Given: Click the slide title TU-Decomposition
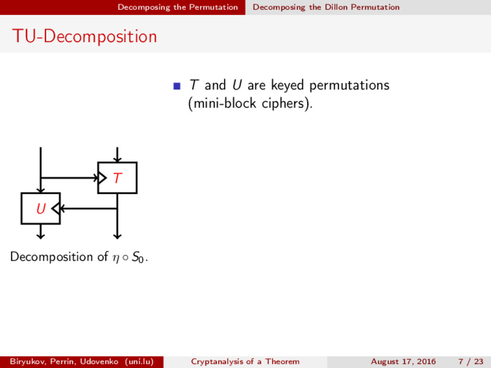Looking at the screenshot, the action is pyautogui.click(x=84, y=36).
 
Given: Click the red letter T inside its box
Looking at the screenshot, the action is pyautogui.click(x=117, y=178).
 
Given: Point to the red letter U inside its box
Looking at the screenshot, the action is pyautogui.click(x=41, y=209).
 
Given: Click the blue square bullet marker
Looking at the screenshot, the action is pyautogui.click(x=176, y=86).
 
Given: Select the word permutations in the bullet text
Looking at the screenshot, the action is pyautogui.click(x=349, y=86).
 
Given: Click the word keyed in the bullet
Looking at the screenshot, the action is pyautogui.click(x=289, y=86).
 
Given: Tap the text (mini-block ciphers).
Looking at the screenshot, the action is pyautogui.click(x=250, y=103).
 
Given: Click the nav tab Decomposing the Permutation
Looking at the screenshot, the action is pyautogui.click(x=177, y=7).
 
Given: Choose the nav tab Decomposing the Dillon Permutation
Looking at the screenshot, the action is pyautogui.click(x=326, y=7).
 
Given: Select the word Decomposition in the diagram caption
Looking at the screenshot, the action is pyautogui.click(x=53, y=257).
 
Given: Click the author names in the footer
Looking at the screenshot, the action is pyautogui.click(x=82, y=361).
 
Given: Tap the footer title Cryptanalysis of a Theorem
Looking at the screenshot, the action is pyautogui.click(x=245, y=361).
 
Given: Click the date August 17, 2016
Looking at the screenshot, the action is pyautogui.click(x=403, y=361).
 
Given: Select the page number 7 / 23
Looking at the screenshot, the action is pyautogui.click(x=470, y=361).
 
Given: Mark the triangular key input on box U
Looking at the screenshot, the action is pyautogui.click(x=56, y=208).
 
